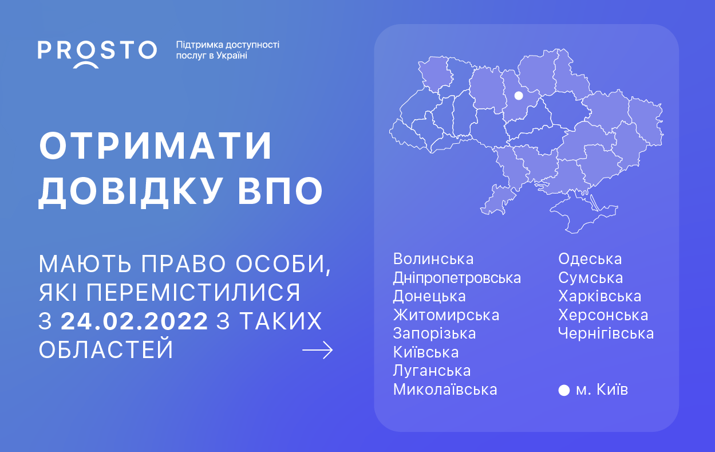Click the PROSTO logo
tap(97, 54)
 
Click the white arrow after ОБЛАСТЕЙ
tap(317, 350)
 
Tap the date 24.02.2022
tap(135, 321)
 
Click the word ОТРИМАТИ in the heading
tap(156, 146)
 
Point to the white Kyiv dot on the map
tap(519, 95)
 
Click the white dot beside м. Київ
tap(564, 390)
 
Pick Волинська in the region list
tap(433, 259)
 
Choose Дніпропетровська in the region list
tap(457, 278)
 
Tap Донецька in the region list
tap(429, 296)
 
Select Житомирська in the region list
tap(447, 315)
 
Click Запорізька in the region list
tap(434, 334)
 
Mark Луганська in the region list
tap(432, 371)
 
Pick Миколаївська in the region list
tap(445, 390)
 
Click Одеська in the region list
tap(590, 259)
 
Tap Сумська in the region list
tap(591, 278)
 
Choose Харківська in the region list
tap(600, 296)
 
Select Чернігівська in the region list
tap(606, 334)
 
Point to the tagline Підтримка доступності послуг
tap(228, 50)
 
